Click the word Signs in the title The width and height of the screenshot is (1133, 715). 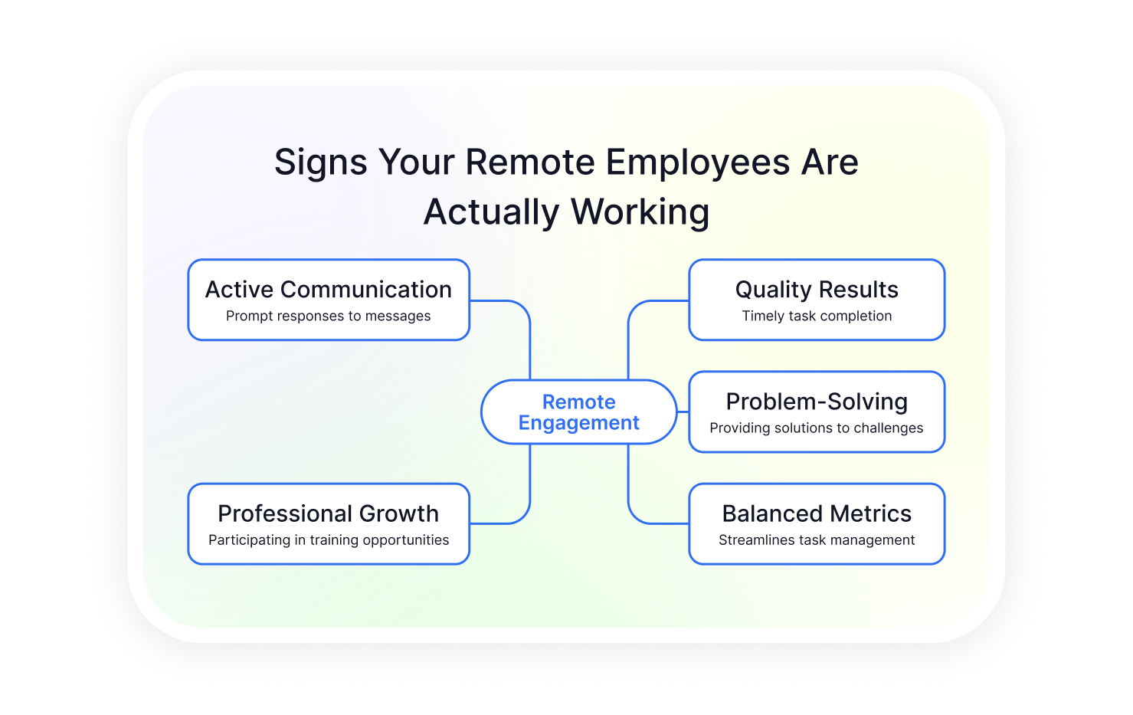tap(321, 163)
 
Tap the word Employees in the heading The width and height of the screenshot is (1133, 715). tap(697, 163)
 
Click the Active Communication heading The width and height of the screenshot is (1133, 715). tap(329, 290)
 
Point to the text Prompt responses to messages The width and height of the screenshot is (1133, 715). tap(329, 317)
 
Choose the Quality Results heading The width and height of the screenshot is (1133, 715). tap(817, 290)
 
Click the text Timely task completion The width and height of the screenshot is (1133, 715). tap(817, 317)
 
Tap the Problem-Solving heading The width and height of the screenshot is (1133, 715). tap(817, 402)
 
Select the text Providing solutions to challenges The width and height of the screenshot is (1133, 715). tap(817, 428)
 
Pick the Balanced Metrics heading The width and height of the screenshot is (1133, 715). tap(817, 514)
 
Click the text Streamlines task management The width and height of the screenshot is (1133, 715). tap(817, 540)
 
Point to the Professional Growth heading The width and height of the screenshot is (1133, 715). tap(329, 514)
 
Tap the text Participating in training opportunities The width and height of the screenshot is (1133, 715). tap(329, 540)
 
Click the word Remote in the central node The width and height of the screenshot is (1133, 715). tap(579, 402)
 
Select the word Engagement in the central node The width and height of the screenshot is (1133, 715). tap(579, 423)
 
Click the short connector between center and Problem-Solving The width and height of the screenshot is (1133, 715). tap(683, 412)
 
